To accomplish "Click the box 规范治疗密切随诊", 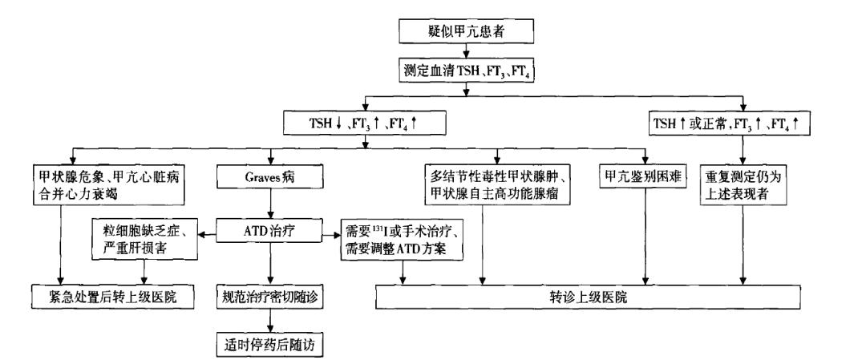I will tap(270, 296).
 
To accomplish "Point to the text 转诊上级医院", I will tap(589, 296).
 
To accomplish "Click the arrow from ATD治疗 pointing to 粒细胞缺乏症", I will tap(207, 235).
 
